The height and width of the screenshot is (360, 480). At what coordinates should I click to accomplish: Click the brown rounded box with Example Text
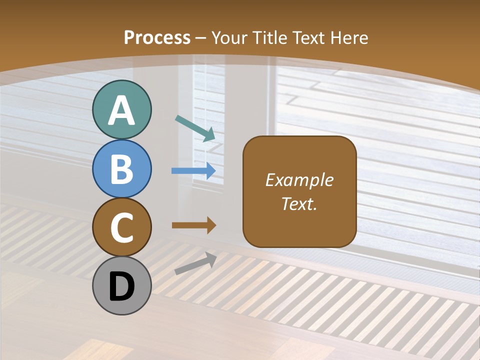[x=299, y=191]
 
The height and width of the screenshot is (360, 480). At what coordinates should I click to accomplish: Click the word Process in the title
[x=157, y=37]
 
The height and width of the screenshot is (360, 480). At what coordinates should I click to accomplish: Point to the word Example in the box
[x=299, y=180]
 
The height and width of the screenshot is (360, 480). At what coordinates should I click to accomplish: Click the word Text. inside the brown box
[x=299, y=203]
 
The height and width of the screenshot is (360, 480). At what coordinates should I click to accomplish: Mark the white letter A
[x=121, y=110]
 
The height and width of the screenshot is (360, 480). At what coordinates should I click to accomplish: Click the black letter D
[x=121, y=287]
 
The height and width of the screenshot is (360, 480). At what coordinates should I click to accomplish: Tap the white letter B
[x=121, y=169]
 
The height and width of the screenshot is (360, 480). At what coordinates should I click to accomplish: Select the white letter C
[x=121, y=227]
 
